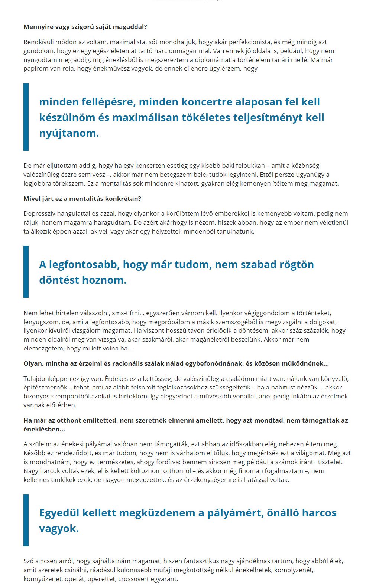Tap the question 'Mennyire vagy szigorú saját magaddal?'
[85, 27]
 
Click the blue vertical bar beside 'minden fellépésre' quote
[26, 117]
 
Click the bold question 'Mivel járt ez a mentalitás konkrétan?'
[82, 199]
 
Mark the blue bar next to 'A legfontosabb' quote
[26, 272]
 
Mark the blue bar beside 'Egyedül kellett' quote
[26, 520]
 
